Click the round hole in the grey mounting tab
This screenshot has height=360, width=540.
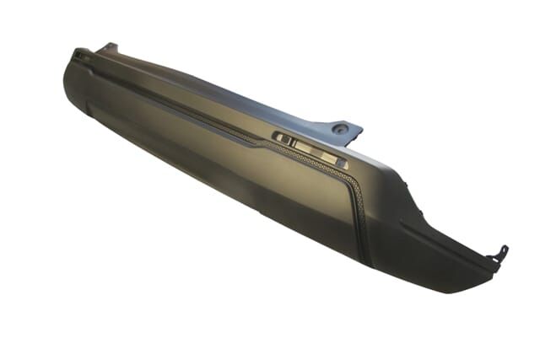click(x=341, y=129)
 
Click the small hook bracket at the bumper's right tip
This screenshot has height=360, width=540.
click(x=501, y=253)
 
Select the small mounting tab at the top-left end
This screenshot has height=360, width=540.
click(x=107, y=47)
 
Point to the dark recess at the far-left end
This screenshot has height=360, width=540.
click(x=81, y=56)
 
